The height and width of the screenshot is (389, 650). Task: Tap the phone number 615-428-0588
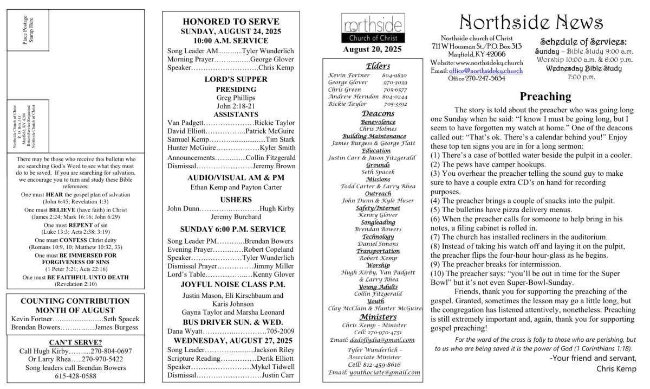pyautogui.click(x=75, y=375)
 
